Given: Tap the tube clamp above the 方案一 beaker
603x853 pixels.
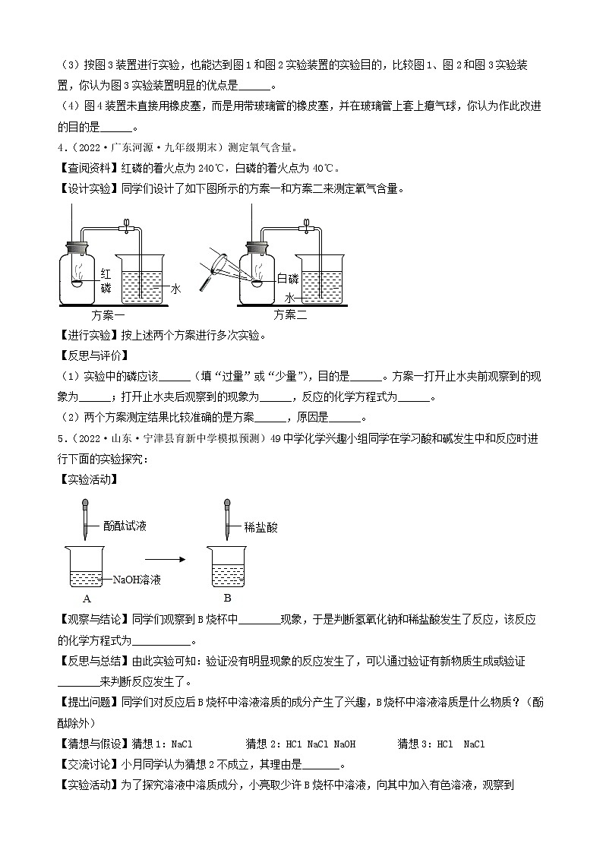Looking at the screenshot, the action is [126, 226].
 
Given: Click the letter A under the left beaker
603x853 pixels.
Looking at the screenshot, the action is [84, 598].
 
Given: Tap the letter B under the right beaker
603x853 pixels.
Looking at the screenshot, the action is [226, 598].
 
